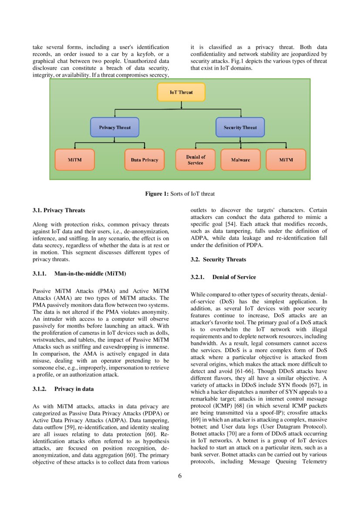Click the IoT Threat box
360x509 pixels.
181,92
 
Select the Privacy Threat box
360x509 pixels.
114,128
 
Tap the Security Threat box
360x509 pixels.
240,128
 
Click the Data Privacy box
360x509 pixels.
144,160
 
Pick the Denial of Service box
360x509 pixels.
195,160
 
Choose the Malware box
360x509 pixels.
240,160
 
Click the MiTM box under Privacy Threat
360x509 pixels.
74,160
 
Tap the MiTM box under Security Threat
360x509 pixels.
286,160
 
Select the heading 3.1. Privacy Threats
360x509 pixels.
59,210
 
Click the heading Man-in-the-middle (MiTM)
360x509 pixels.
90,273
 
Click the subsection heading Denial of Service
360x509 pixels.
234,277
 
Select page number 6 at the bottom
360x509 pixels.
180,475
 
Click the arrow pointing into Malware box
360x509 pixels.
240,147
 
